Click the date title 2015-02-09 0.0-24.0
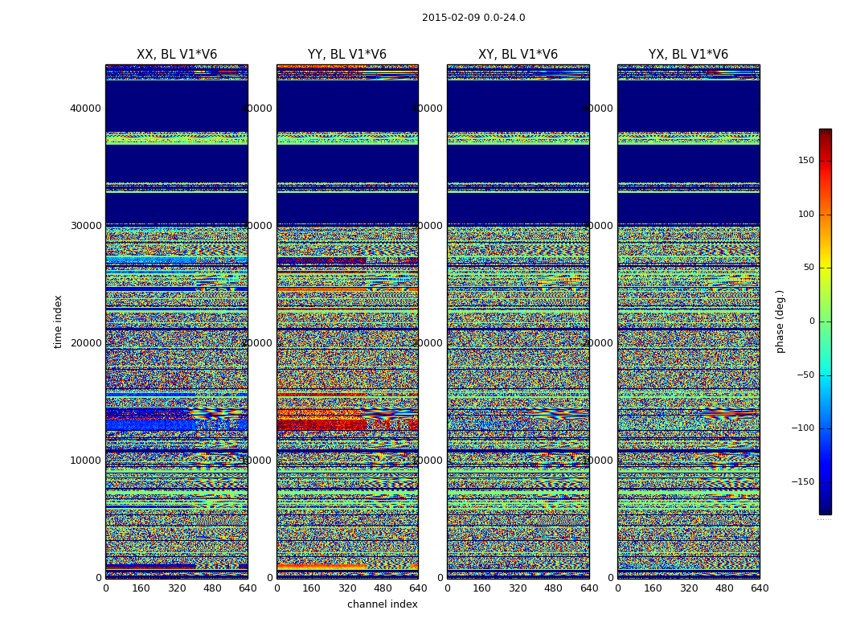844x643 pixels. coord(473,18)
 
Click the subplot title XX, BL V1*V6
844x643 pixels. coord(177,55)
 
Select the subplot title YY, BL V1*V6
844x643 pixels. coord(347,55)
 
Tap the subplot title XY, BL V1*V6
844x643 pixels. coord(518,55)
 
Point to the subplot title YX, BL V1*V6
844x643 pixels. coord(688,55)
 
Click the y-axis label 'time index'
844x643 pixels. coord(58,321)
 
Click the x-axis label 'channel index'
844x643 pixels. coord(383,604)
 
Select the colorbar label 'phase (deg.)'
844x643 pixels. coord(780,321)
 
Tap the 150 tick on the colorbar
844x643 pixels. coord(805,161)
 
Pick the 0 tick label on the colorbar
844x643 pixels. coord(811,321)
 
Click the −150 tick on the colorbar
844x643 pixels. coord(802,482)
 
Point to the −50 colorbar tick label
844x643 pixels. coord(805,375)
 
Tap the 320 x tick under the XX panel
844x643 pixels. coord(177,588)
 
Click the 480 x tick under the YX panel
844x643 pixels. coord(724,588)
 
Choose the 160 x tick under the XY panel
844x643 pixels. coord(482,588)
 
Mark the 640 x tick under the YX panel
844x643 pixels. coord(760,588)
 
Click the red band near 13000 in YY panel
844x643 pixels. coord(322,424)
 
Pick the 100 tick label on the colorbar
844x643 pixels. coord(805,215)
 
